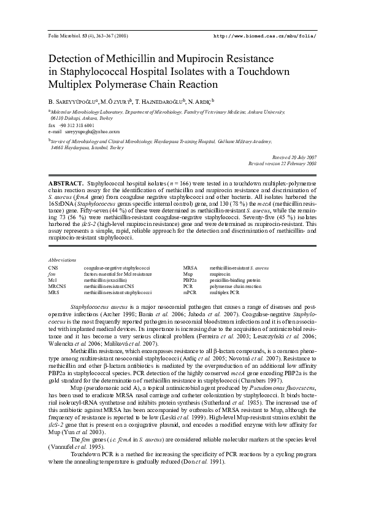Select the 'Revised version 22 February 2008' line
282,164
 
